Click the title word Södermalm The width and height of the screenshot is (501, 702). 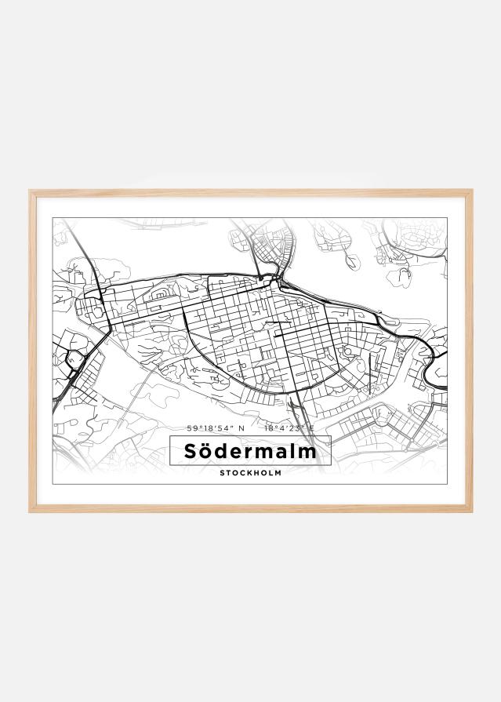coord(250,452)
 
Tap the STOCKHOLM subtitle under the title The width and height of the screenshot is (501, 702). coord(250,473)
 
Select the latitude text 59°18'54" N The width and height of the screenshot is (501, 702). coord(216,428)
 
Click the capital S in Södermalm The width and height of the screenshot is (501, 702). coord(191,452)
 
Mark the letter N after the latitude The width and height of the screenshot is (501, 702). coord(242,428)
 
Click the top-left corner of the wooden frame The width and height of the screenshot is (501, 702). coord(31,191)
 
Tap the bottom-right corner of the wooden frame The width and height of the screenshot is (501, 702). coord(470,511)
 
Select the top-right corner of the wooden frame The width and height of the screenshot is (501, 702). coord(470,191)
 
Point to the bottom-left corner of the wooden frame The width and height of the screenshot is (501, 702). coord(31,511)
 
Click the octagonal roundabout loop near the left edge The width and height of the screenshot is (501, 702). coord(75,361)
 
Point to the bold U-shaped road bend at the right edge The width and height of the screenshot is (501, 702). coord(430,369)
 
